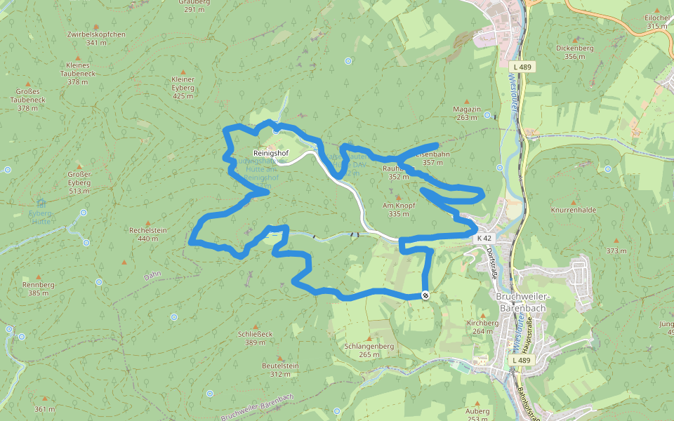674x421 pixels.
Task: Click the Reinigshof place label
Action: [270, 153]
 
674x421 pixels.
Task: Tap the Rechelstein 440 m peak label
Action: [147, 234]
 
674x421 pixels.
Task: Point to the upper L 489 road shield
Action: [523, 67]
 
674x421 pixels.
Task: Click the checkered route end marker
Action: [425, 295]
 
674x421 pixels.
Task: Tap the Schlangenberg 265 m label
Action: [369, 350]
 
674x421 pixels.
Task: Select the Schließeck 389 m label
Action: [255, 338]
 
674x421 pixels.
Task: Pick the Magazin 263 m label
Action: [467, 113]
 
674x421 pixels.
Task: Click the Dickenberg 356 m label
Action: [574, 53]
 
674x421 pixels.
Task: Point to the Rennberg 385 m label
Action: [39, 288]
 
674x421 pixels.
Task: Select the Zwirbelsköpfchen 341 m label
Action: [96, 38]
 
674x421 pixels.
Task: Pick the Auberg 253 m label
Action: [477, 415]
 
